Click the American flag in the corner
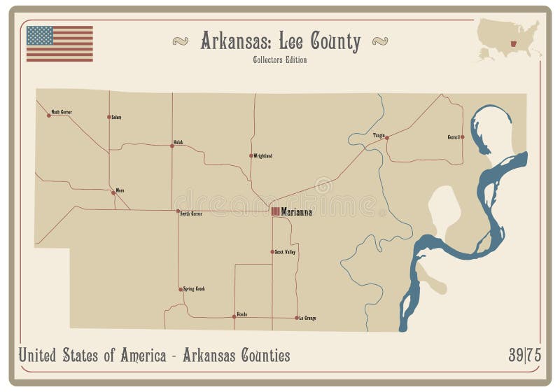pyautogui.click(x=59, y=43)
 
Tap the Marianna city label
pyautogui.click(x=297, y=211)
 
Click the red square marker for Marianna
pyautogui.click(x=276, y=211)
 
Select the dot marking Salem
pyautogui.click(x=109, y=117)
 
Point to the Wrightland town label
pyautogui.click(x=263, y=155)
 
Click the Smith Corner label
pyautogui.click(x=191, y=213)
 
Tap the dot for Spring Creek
pyautogui.click(x=181, y=289)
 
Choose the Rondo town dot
pyautogui.click(x=234, y=317)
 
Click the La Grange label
pyautogui.click(x=308, y=318)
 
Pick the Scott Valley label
pyautogui.click(x=286, y=251)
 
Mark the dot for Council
pyautogui.click(x=462, y=137)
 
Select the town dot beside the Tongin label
pyautogui.click(x=387, y=138)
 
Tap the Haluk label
pyautogui.click(x=178, y=143)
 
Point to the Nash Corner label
pyautogui.click(x=62, y=112)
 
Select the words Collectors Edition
pyautogui.click(x=280, y=59)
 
